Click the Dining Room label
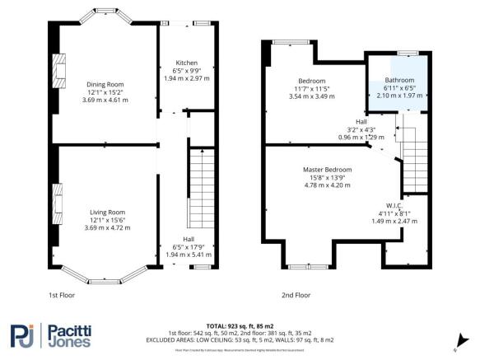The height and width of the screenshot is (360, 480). [105, 83]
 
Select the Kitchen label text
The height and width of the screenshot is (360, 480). [186, 63]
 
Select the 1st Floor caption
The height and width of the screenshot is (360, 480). [62, 294]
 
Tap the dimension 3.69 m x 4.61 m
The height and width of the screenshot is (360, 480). [105, 98]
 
